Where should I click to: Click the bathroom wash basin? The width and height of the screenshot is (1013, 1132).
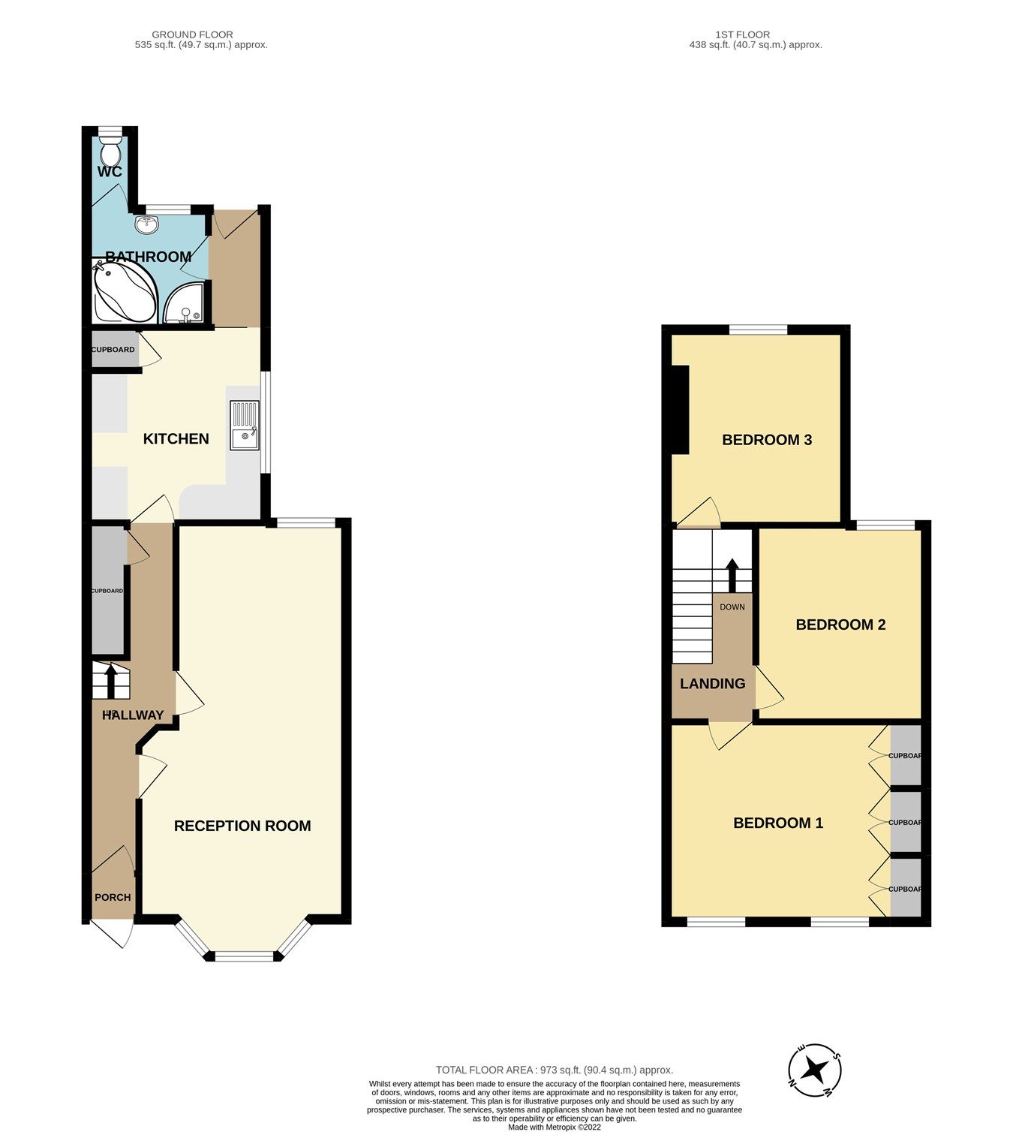click(148, 224)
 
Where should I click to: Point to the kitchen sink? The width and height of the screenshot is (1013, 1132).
click(245, 426)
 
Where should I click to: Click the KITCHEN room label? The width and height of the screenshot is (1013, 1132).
click(176, 439)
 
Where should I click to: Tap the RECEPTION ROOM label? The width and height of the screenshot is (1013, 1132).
click(242, 826)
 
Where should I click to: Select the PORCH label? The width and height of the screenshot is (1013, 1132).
click(113, 897)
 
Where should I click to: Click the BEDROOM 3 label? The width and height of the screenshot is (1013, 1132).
click(767, 440)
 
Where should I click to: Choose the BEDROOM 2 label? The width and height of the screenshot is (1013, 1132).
click(840, 625)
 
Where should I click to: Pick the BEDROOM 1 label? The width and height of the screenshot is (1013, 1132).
click(778, 823)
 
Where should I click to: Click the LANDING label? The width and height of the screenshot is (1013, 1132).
click(712, 684)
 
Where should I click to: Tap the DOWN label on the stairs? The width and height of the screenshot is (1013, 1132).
click(732, 607)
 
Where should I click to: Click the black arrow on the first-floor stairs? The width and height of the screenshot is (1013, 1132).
click(732, 574)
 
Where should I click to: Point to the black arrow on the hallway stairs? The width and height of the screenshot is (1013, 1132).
click(112, 680)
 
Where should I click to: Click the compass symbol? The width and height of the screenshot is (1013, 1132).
click(815, 1069)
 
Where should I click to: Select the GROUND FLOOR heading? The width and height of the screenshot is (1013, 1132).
click(192, 35)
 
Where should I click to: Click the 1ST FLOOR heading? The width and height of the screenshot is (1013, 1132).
click(742, 35)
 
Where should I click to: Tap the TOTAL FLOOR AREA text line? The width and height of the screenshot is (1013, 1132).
click(555, 1070)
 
